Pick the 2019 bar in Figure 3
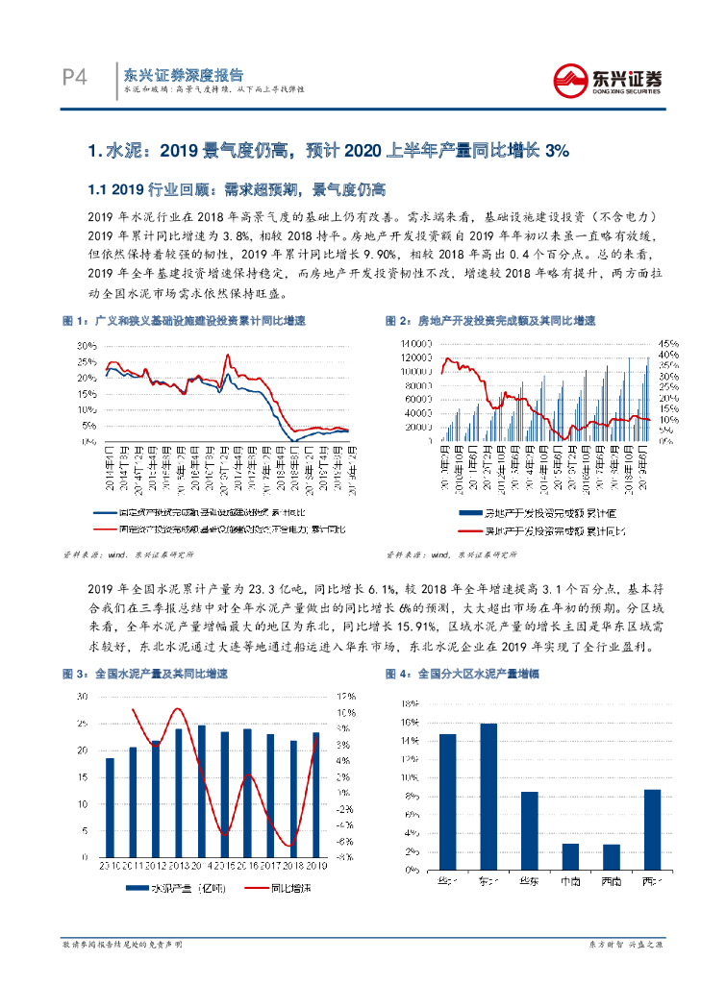(x=315, y=795)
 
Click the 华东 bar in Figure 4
(x=529, y=830)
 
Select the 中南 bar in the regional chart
(x=570, y=856)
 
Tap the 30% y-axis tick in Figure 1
(x=85, y=344)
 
